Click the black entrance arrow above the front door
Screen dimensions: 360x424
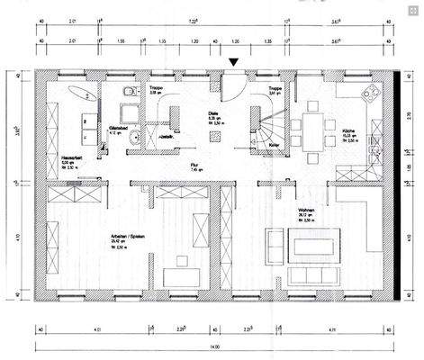(x=234, y=62)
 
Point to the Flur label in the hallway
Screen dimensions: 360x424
(x=194, y=166)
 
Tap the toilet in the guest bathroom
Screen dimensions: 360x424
(x=130, y=91)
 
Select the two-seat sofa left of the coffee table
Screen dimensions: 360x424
(x=275, y=243)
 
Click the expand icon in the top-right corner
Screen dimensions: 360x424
(x=413, y=10)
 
